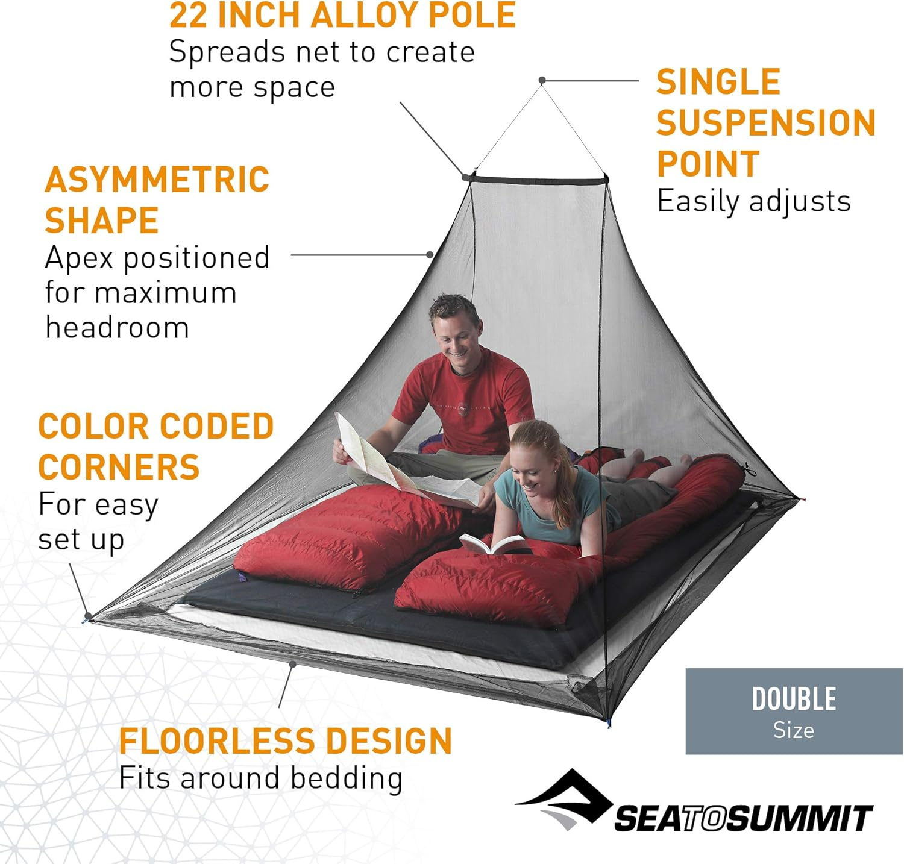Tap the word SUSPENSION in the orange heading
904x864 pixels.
765,123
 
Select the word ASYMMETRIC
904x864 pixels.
157,180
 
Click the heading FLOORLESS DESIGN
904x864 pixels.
285,741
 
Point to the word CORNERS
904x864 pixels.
119,468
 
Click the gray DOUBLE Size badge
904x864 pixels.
794,711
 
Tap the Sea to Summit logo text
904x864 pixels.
743,818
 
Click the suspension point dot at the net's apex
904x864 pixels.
542,80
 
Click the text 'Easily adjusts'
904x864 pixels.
753,201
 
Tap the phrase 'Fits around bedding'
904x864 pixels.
260,778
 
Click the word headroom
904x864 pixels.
118,328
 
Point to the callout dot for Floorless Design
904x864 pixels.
292,664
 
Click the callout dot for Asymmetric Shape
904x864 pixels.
430,255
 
